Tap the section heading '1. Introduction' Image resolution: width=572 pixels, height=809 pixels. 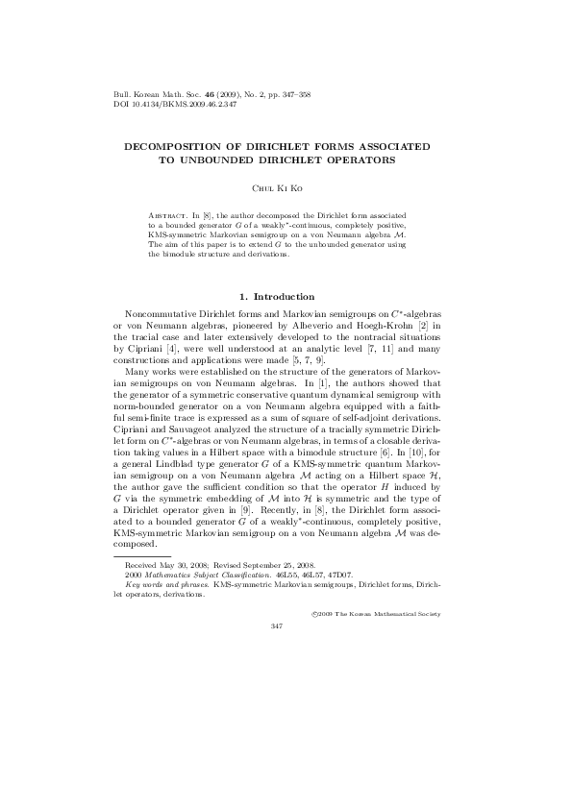(x=286, y=296)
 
